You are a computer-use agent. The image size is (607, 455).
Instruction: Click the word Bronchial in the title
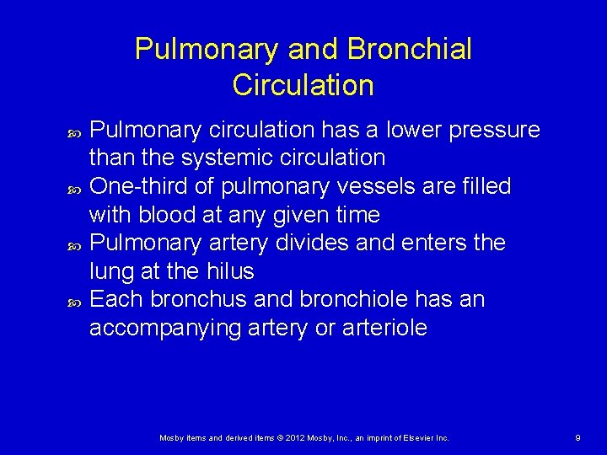point(410,49)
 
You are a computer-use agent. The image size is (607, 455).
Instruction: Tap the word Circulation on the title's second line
point(303,85)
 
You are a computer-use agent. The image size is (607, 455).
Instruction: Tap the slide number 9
point(577,438)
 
